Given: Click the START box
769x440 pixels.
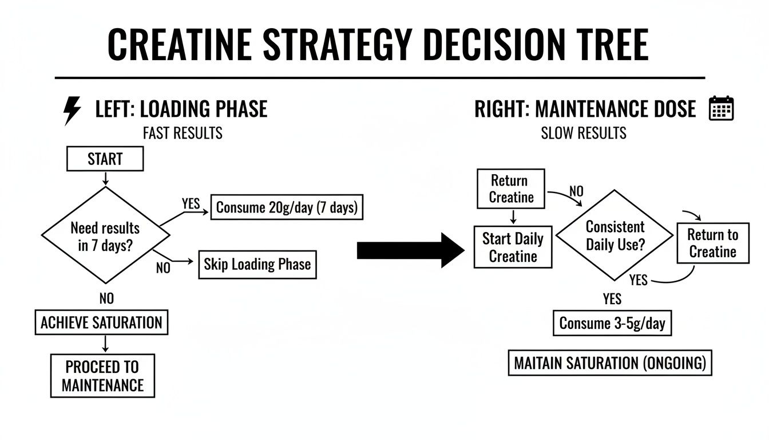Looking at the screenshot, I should pos(105,159).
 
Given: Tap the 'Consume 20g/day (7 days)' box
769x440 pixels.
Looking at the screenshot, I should pos(287,207).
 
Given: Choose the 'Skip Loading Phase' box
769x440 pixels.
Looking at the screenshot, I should pos(257,264).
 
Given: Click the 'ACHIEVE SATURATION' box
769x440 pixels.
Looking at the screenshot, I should pos(101,323).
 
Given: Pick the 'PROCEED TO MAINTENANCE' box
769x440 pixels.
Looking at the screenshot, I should pos(103,375).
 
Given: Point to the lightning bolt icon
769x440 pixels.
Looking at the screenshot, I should pos(72,111).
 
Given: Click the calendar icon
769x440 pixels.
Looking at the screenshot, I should pos(721,108).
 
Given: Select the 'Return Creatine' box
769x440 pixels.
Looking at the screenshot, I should pos(510,188).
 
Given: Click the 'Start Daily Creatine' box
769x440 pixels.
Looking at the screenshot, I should pos(513,247).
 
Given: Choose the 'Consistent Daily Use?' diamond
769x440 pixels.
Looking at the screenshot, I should pos(615,236).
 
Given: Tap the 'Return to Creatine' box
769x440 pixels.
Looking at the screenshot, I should pos(712,243).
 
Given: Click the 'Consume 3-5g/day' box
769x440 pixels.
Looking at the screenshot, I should pos(612,323).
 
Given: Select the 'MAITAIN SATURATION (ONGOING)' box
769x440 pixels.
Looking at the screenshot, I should pos(610,363).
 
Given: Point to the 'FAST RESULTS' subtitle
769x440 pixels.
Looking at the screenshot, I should pos(183,133).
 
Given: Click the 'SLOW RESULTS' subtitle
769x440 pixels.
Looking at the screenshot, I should pos(584,133).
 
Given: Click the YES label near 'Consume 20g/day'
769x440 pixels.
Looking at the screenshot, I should pos(191,203).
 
